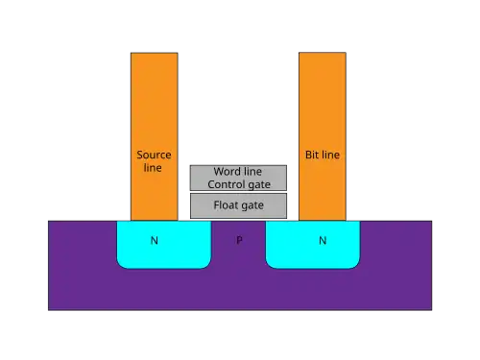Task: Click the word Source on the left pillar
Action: pyautogui.click(x=154, y=155)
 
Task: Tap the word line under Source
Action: pyautogui.click(x=153, y=168)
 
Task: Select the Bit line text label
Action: pyautogui.click(x=323, y=155)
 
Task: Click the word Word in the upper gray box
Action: pyautogui.click(x=227, y=172)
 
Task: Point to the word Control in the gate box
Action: pyautogui.click(x=227, y=184)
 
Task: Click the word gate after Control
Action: pyautogui.click(x=259, y=185)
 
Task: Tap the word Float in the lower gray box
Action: pyautogui.click(x=225, y=204)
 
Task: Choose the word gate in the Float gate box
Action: pyautogui.click(x=252, y=205)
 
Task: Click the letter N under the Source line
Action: pyautogui.click(x=155, y=240)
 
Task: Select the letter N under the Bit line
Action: pyautogui.click(x=323, y=240)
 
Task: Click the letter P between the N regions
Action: pyautogui.click(x=239, y=240)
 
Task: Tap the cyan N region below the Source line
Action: pyautogui.click(x=164, y=245)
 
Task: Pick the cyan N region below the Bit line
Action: pyautogui.click(x=313, y=245)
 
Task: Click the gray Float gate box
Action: pyautogui.click(x=238, y=205)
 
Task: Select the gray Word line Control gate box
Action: pyautogui.click(x=238, y=178)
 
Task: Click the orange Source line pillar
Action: pyautogui.click(x=155, y=136)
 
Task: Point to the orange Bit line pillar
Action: pyautogui.click(x=323, y=136)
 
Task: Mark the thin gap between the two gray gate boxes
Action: pyautogui.click(x=238, y=192)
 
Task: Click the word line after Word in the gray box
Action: pyautogui.click(x=252, y=172)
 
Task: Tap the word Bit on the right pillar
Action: pyautogui.click(x=312, y=155)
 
